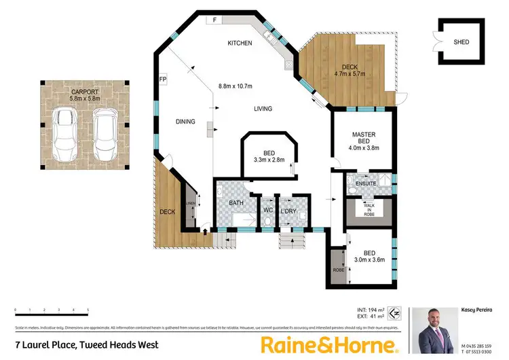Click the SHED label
pos(461,41)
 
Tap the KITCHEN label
pos(240,43)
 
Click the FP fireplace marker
pos(163,79)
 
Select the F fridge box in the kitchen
pos(214,20)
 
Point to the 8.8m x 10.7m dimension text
pos(235,86)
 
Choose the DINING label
pos(185,122)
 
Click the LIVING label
pos(263,109)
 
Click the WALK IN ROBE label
pos(369,207)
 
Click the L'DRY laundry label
pos(288,200)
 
